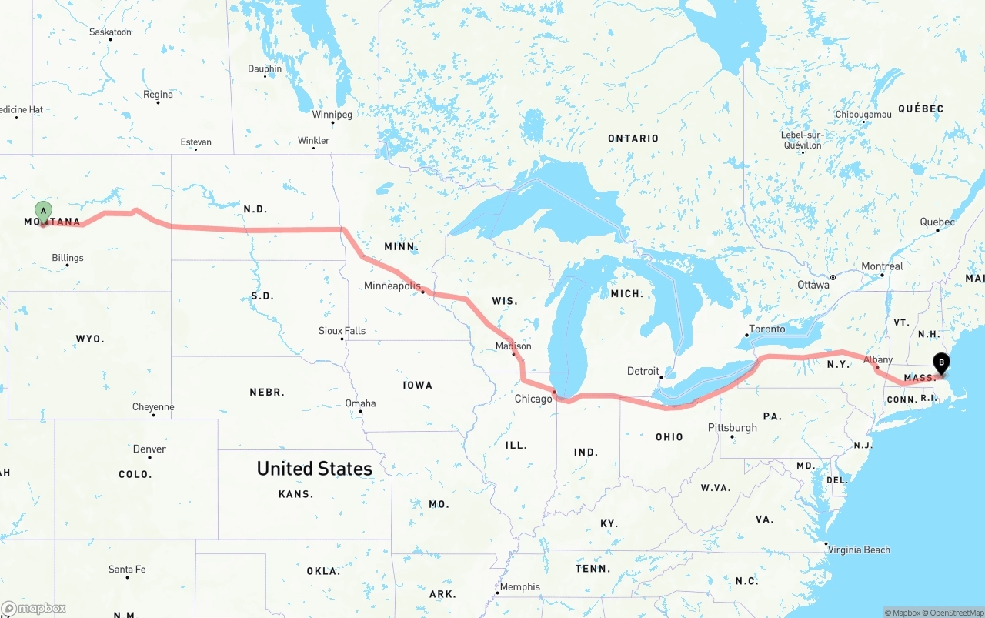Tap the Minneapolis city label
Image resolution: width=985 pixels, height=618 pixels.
[x=392, y=286]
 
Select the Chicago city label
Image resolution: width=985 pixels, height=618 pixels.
[x=533, y=399]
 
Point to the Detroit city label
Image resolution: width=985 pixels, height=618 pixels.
[x=643, y=371]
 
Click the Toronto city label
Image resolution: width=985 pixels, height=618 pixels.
[x=767, y=329]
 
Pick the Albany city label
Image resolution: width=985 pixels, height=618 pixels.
[x=878, y=359]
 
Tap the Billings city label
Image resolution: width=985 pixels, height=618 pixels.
[x=68, y=258]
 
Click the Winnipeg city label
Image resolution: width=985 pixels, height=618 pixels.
[x=332, y=115]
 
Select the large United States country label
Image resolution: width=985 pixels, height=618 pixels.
[x=314, y=468]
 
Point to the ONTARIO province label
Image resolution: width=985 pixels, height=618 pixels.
[x=633, y=139]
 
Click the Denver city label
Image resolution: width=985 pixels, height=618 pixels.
[x=149, y=449]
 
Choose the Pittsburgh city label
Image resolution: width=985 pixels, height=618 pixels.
[x=733, y=427]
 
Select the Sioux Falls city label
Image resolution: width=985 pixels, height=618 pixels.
[x=342, y=331]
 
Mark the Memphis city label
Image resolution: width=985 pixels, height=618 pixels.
[x=520, y=586]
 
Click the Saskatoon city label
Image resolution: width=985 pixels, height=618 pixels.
[x=110, y=32]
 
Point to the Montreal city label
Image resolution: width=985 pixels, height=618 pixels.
[x=882, y=266]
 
